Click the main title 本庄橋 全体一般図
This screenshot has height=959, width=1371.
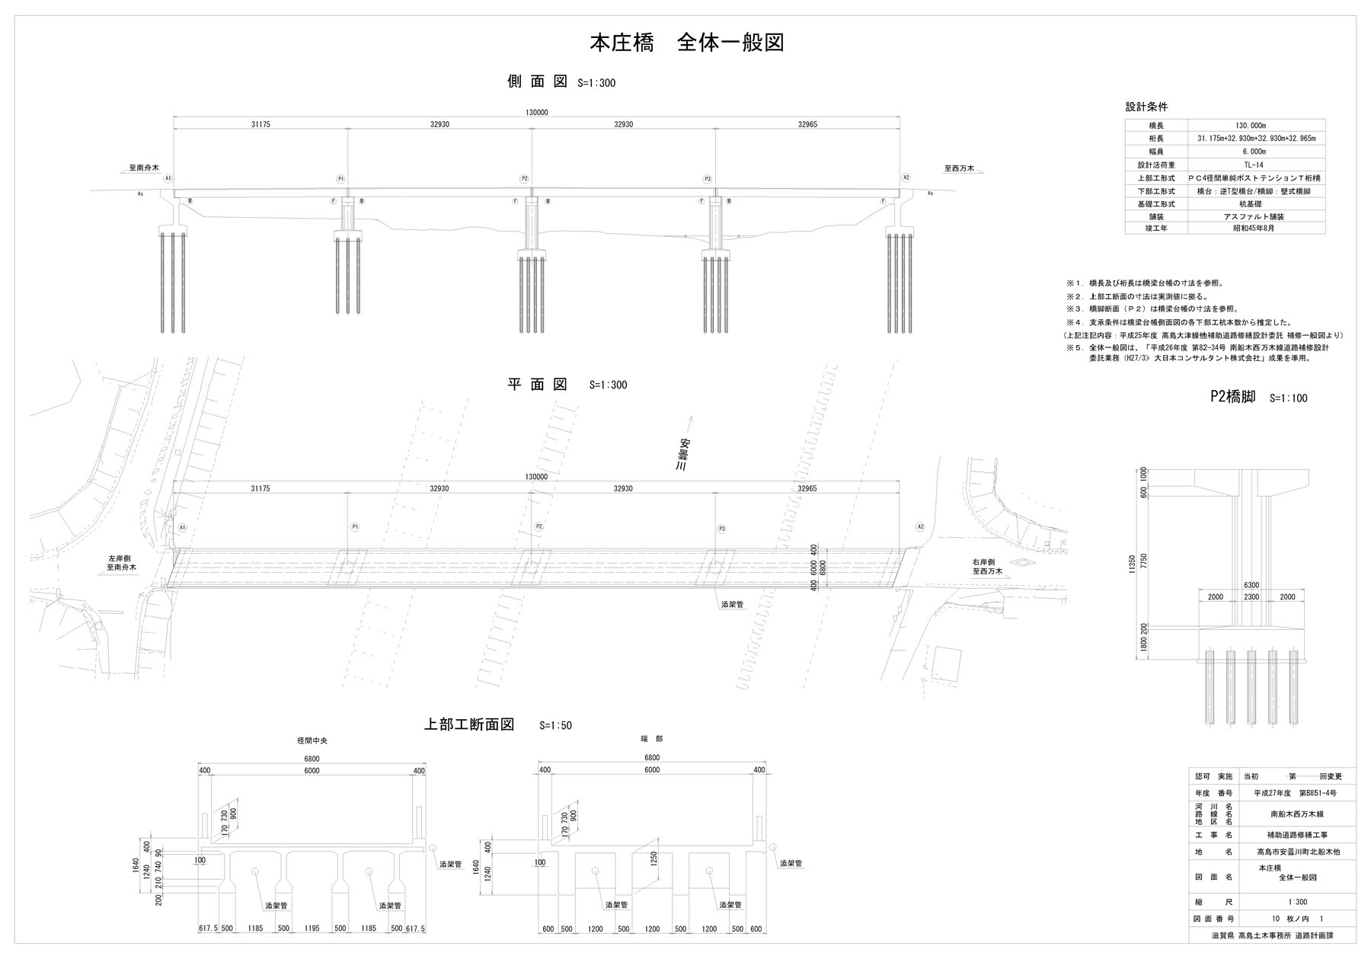[x=687, y=43]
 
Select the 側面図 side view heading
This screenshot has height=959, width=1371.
[x=538, y=82]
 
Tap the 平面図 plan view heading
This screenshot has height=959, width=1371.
[x=538, y=385]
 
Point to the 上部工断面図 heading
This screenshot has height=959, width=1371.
[x=469, y=724]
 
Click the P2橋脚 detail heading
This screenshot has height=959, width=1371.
[x=1232, y=397]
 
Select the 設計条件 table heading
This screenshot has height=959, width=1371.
[x=1146, y=107]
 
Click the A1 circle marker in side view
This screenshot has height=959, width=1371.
[x=168, y=177]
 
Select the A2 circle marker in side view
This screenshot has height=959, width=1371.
[x=906, y=177]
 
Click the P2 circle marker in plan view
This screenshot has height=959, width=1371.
[x=538, y=527]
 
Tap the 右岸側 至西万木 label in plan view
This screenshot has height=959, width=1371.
[x=987, y=566]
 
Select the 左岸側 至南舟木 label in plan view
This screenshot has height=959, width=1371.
[x=122, y=563]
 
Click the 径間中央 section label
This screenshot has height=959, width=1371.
[x=312, y=740]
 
